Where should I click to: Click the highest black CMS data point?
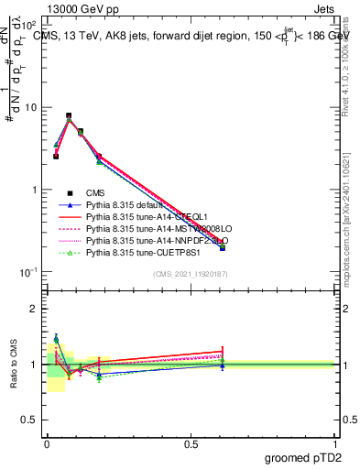tap(69, 116)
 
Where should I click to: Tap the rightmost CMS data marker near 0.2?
tap(223, 247)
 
